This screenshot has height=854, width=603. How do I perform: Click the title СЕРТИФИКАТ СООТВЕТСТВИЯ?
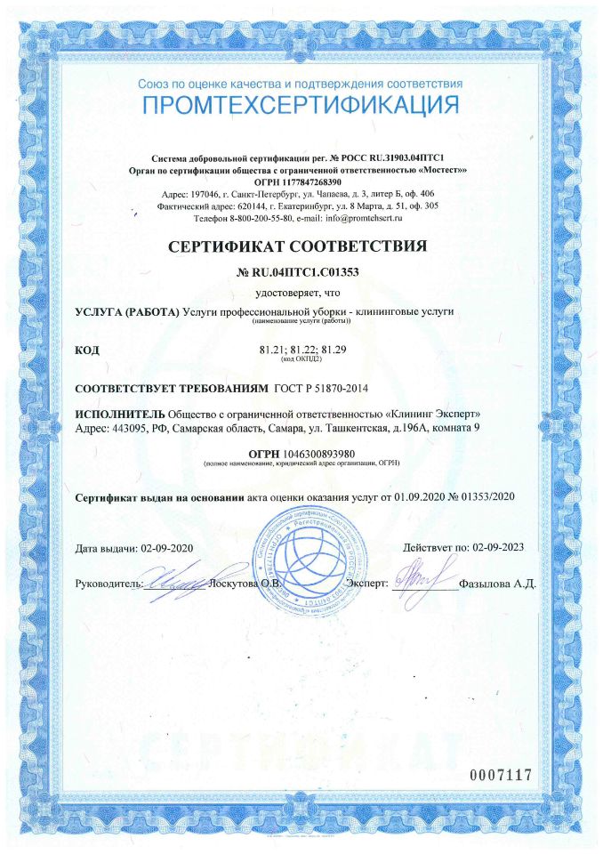(x=301, y=246)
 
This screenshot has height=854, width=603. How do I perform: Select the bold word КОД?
(x=87, y=350)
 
